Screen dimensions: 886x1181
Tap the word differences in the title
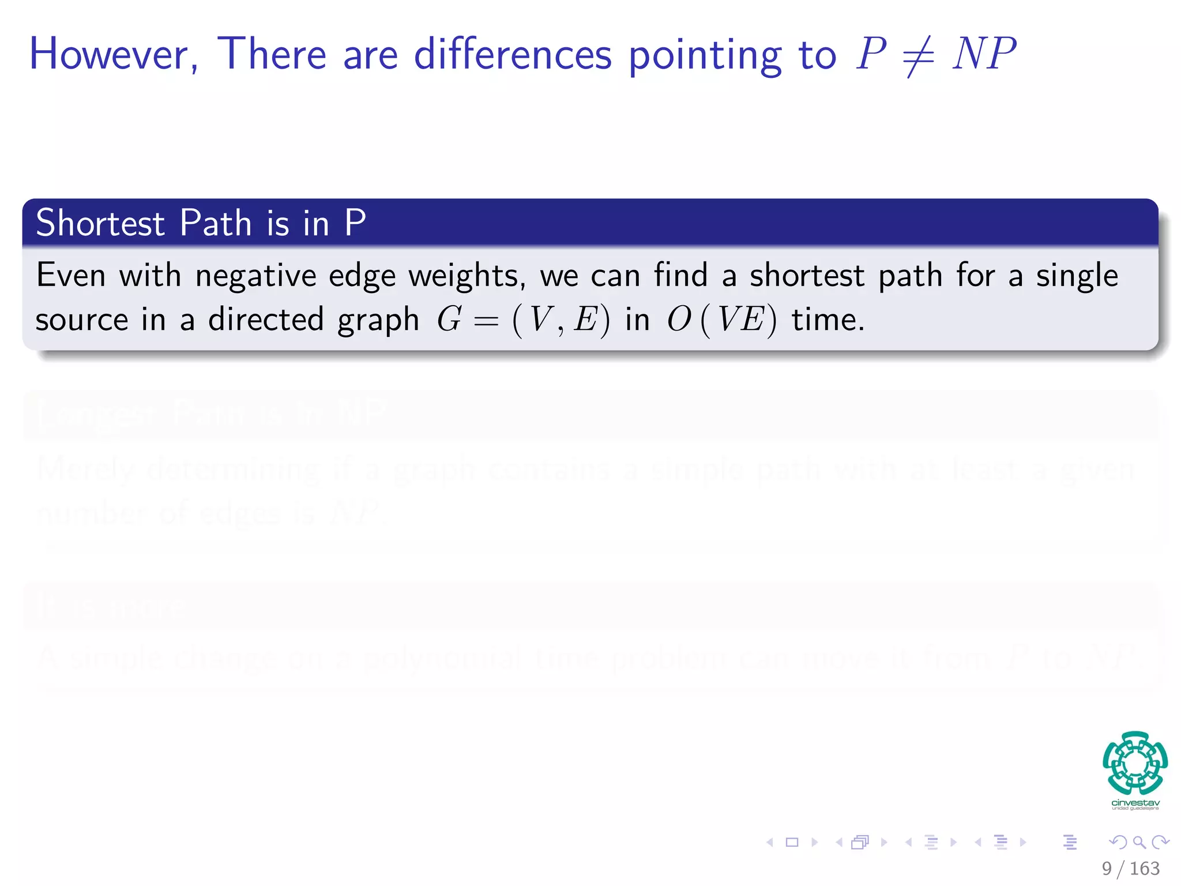[513, 54]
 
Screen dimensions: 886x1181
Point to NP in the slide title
[984, 54]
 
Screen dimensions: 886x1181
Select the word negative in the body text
[255, 276]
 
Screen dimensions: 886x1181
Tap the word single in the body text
[1077, 276]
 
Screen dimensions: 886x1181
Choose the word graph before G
[378, 321]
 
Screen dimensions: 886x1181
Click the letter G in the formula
[449, 319]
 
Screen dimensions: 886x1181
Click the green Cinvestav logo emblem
[1135, 763]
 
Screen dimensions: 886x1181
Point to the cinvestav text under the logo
[1135, 803]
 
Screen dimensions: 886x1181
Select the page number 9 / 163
[1130, 868]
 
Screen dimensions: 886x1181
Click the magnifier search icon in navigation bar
[1139, 842]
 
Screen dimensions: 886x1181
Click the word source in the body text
[81, 321]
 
